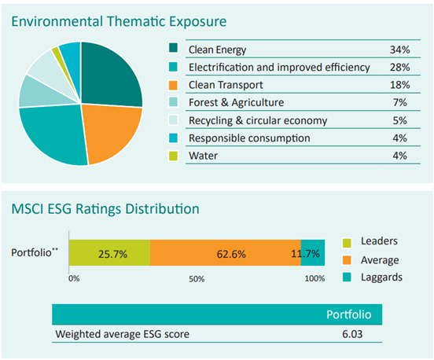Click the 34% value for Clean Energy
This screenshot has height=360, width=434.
(399, 50)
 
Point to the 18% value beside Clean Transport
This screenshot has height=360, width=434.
(399, 85)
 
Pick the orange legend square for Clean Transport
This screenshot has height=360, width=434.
(173, 85)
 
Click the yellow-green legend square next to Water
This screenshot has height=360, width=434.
(173, 156)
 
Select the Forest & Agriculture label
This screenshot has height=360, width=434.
(236, 103)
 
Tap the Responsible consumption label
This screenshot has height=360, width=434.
(249, 138)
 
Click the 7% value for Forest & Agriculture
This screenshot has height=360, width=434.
(399, 103)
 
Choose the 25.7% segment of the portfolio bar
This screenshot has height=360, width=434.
(109, 252)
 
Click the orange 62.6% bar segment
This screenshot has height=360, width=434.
(226, 252)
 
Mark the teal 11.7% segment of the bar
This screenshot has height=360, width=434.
(313, 252)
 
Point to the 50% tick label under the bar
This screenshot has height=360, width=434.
(197, 279)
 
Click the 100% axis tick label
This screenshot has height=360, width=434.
(314, 278)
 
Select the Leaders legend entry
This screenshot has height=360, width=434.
(370, 241)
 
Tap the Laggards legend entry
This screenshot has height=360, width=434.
(372, 277)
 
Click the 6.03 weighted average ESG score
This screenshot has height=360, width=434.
(352, 334)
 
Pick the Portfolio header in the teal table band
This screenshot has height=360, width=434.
(349, 314)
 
